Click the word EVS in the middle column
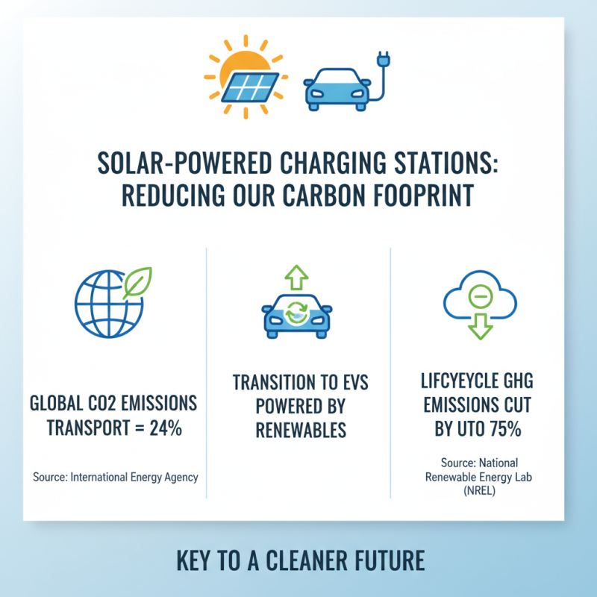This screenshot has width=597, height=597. coord(350,384)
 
